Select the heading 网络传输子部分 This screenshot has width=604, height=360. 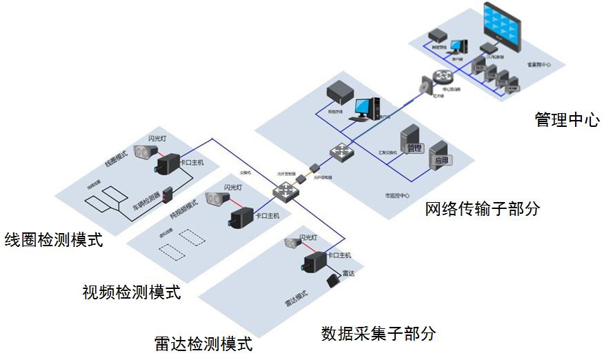pyautogui.click(x=482, y=209)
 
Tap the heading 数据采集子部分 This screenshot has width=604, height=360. pyautogui.click(x=379, y=334)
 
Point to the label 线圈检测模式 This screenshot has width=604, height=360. pyautogui.click(x=53, y=240)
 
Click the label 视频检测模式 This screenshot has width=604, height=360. pyautogui.click(x=131, y=292)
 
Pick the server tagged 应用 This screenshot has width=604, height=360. pyautogui.click(x=441, y=154)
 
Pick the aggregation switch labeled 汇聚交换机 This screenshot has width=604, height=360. pyautogui.click(x=340, y=151)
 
